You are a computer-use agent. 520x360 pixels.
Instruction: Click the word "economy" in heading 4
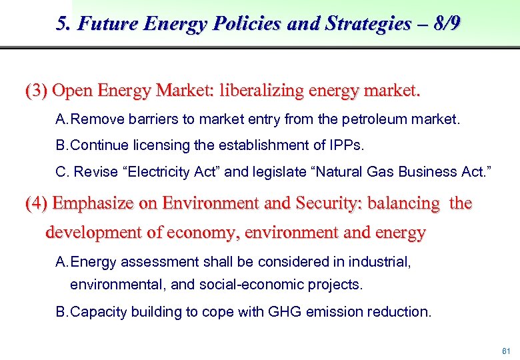pos(214,233)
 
